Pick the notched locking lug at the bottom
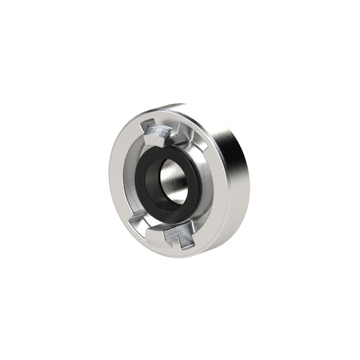pos(175,237)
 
